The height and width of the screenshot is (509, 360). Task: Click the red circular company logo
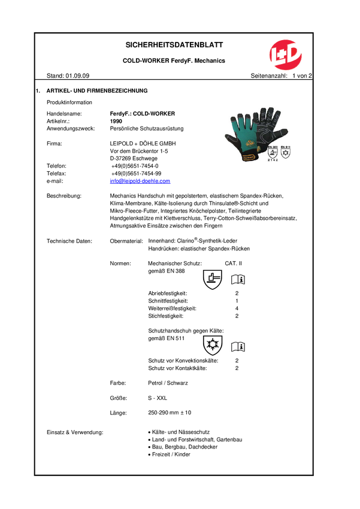pos(285,55)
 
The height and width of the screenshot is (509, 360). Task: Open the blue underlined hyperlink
pos(140,180)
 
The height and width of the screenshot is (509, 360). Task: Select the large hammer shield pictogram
pos(213,280)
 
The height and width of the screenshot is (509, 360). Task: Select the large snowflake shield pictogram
pos(213,346)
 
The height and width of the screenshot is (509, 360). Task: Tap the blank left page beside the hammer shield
pos(234,279)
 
